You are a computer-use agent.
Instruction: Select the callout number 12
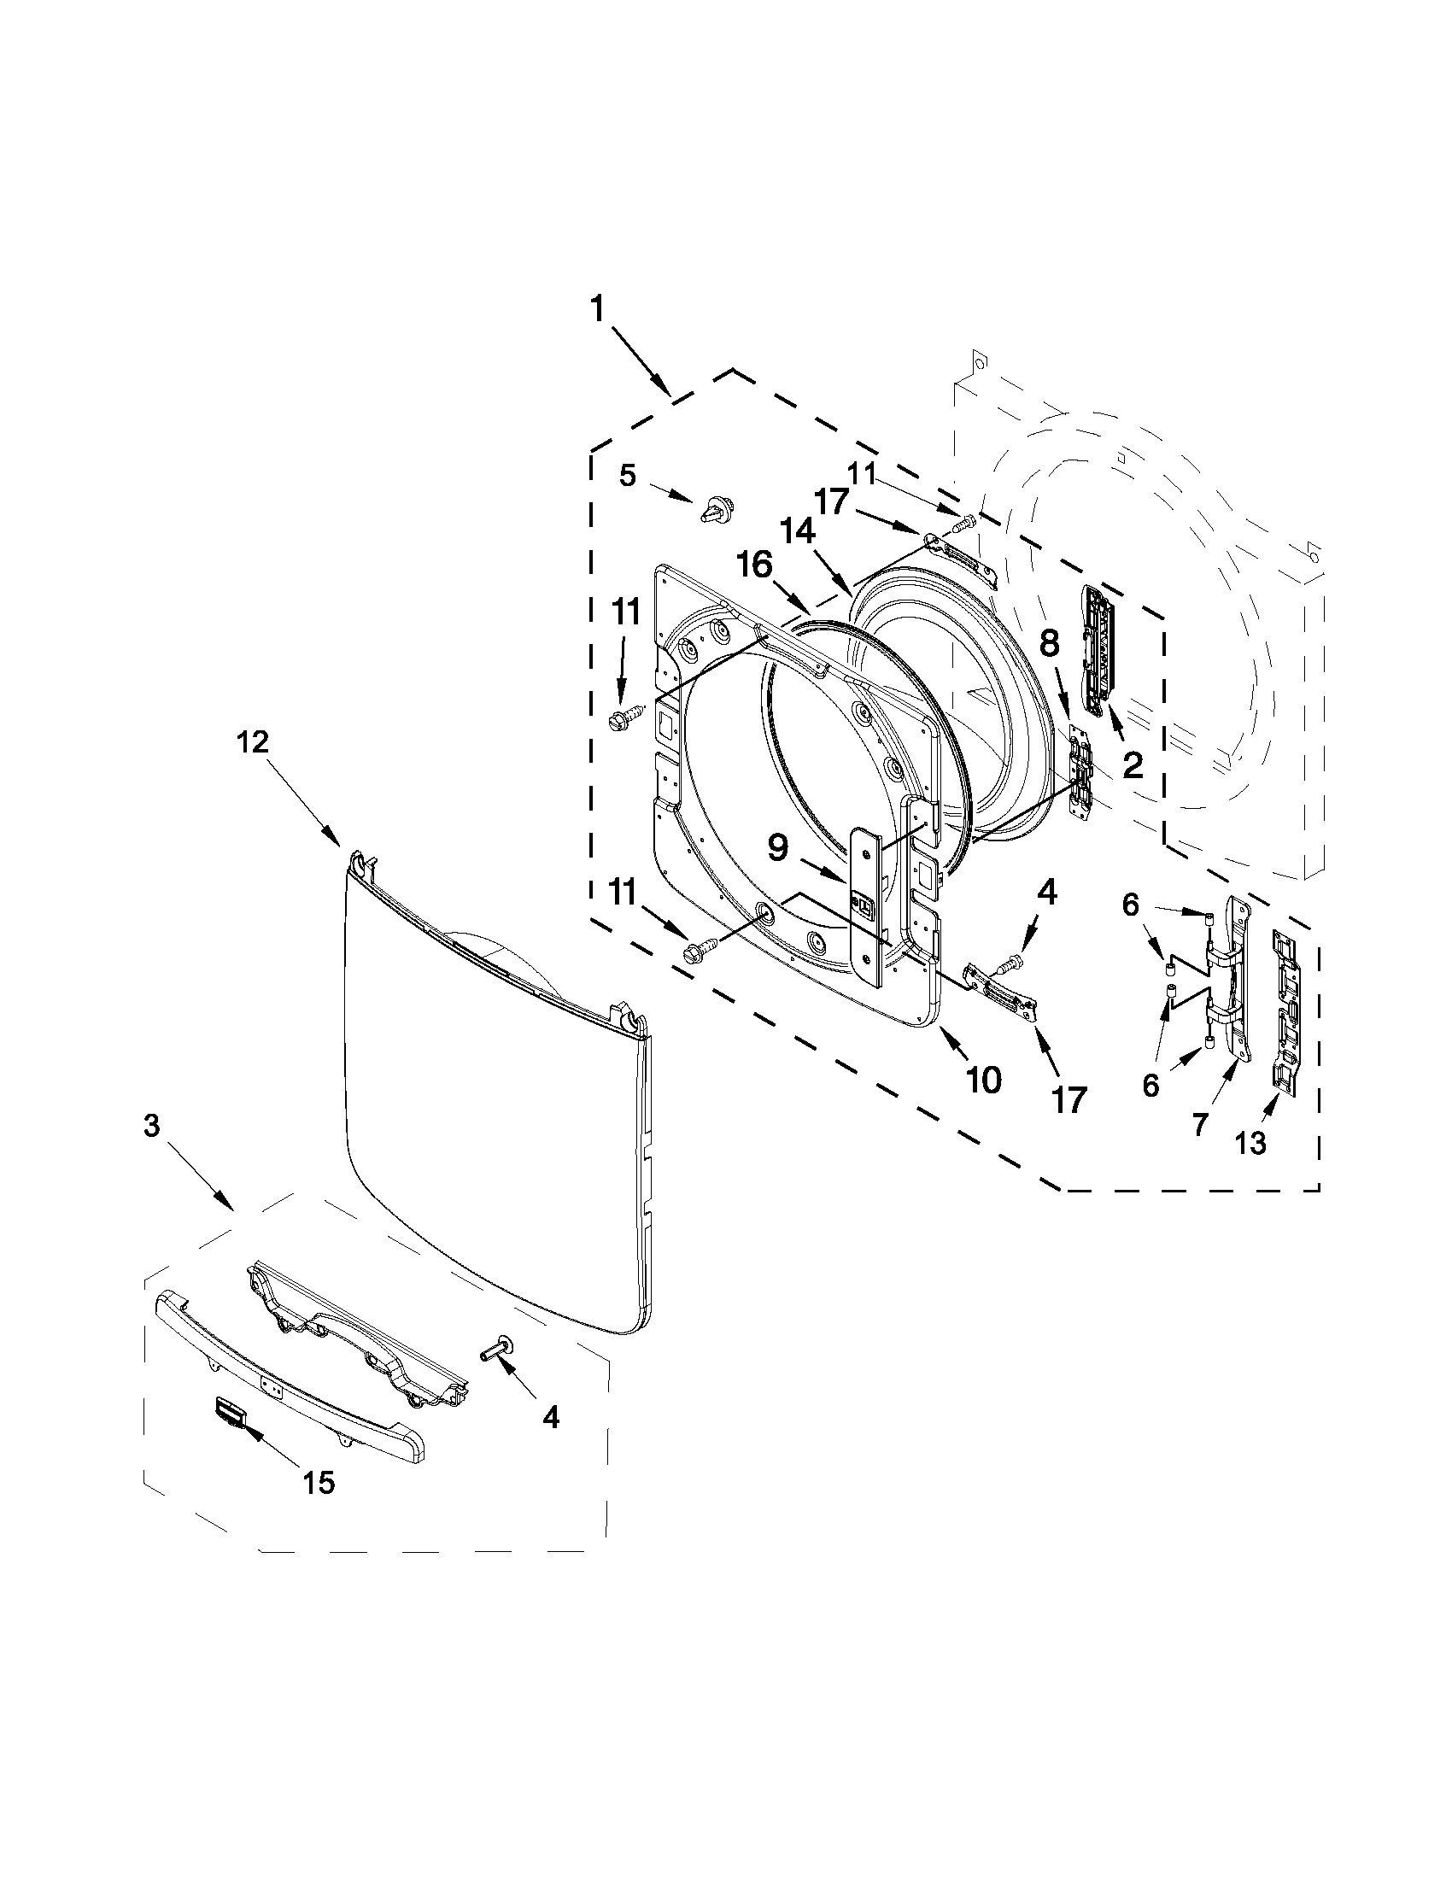tap(252, 742)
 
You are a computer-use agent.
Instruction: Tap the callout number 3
tap(151, 1126)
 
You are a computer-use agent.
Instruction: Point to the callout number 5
tap(629, 475)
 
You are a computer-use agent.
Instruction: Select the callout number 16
tap(754, 566)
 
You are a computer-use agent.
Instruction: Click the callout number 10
tap(983, 1080)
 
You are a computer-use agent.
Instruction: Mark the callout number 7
tap(1200, 1122)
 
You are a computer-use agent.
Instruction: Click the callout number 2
tap(1132, 764)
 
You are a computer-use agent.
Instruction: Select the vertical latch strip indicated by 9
tap(865, 904)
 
